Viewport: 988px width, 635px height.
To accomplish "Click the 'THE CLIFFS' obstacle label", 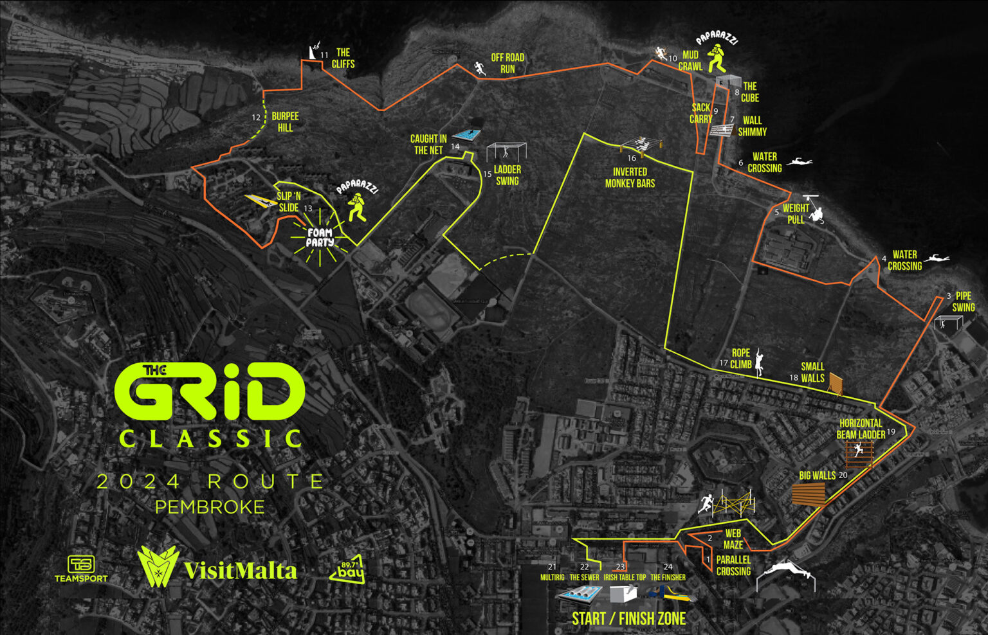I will click(x=343, y=58).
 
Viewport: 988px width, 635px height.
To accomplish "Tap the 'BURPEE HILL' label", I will click(x=285, y=121).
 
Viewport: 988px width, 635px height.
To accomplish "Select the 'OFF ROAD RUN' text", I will click(x=508, y=63).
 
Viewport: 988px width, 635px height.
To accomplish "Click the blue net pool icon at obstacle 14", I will click(x=468, y=135).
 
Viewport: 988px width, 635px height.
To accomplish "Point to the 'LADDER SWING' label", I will click(x=507, y=175).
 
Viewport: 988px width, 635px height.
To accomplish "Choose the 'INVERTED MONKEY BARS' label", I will click(x=630, y=177).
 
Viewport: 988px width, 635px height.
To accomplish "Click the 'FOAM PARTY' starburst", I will click(x=320, y=238).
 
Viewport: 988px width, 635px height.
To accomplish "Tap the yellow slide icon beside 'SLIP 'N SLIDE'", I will click(x=261, y=201).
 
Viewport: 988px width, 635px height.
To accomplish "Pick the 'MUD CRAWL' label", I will click(x=690, y=61).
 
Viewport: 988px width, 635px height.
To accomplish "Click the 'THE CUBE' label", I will click(x=750, y=92).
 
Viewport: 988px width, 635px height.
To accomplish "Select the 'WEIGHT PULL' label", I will click(x=796, y=214).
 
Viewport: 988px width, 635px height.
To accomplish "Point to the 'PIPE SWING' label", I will click(x=963, y=301).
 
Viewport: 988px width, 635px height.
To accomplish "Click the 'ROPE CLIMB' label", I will click(x=741, y=359).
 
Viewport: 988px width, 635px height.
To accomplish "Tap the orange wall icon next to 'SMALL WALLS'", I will click(x=836, y=384).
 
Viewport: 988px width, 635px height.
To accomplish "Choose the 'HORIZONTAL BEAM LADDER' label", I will click(x=861, y=429).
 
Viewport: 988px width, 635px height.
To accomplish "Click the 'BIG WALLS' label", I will click(x=817, y=476).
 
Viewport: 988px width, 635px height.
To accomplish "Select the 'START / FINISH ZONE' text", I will click(x=628, y=618).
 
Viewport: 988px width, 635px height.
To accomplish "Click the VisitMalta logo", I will click(x=217, y=568).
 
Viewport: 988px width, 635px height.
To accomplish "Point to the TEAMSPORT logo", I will click(x=81, y=569).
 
